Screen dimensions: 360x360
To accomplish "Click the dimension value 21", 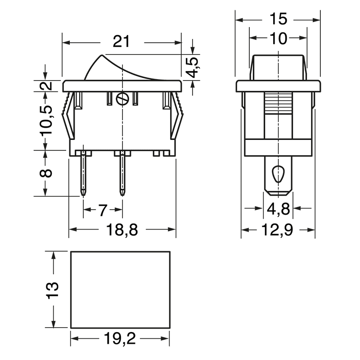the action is (121, 41).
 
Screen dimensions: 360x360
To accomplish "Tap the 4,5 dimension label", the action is (193, 67).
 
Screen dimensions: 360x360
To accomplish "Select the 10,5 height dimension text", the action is (46, 120).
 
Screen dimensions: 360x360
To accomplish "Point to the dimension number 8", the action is (46, 173).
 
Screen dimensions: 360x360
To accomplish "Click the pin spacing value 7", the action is (103, 210).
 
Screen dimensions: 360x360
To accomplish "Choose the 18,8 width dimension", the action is (122, 229).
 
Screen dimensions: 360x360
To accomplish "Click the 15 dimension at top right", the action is (278, 18).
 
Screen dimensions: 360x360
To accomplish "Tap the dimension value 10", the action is (278, 38).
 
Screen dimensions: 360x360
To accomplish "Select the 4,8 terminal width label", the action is (279, 209).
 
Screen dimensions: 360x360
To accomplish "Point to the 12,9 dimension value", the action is (277, 230).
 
